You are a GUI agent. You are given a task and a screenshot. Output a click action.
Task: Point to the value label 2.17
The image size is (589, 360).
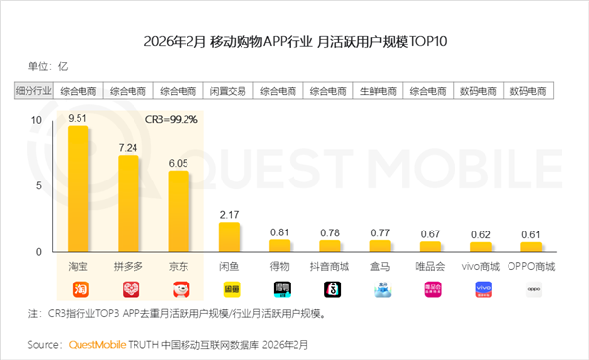pos(229,213)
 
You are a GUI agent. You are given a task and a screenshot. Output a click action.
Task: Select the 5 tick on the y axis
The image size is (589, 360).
pos(38,185)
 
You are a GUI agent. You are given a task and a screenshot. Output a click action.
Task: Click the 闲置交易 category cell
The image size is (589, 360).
pos(229,91)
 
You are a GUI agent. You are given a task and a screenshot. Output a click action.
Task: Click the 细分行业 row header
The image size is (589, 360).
pos(33,91)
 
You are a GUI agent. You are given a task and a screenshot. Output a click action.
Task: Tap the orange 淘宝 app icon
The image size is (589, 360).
pos(78,289)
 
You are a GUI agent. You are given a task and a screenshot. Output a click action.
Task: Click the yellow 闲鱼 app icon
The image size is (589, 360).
pos(229,289)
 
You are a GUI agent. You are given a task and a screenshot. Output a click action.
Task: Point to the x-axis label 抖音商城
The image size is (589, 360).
pos(329,267)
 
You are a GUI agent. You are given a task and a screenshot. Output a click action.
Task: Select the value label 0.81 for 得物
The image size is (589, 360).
pos(279,231)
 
